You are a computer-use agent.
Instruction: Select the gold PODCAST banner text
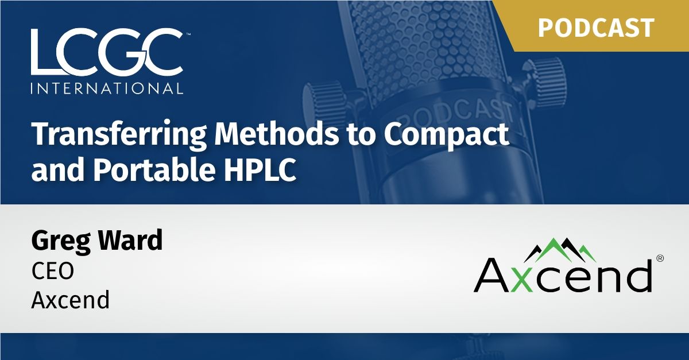[597, 28]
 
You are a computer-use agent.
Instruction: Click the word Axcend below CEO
[70, 300]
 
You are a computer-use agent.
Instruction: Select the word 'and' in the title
[52, 170]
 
